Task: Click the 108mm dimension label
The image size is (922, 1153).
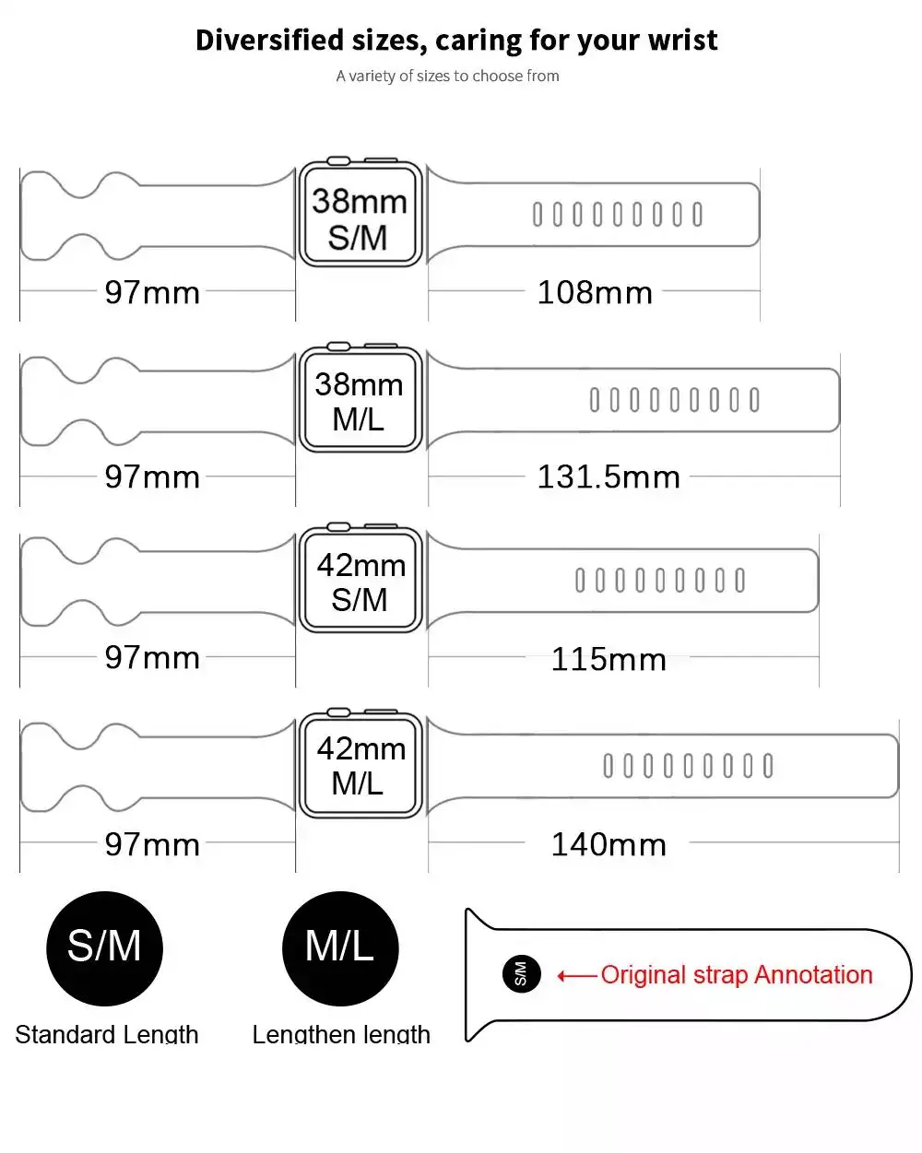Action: click(595, 292)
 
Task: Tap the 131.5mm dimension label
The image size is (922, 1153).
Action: click(609, 476)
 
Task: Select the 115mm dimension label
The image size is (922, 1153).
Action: click(609, 659)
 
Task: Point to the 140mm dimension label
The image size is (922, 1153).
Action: click(609, 843)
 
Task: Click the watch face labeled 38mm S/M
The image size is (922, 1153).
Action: click(360, 218)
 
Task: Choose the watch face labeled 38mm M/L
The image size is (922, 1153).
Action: click(360, 401)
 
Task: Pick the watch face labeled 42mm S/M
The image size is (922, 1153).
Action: click(361, 582)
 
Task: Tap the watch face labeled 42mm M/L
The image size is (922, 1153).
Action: click(361, 765)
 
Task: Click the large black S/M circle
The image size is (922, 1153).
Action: click(104, 947)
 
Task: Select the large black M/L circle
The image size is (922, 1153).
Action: click(339, 947)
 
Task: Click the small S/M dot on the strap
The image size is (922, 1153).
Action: click(521, 974)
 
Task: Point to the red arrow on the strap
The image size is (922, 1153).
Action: click(576, 976)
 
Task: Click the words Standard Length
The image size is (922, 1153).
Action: click(107, 1034)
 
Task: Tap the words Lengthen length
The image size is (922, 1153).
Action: click(341, 1034)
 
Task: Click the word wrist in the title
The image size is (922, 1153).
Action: click(683, 41)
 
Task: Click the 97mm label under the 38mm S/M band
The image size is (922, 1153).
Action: click(152, 292)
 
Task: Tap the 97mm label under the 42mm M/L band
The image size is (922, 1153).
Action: click(152, 843)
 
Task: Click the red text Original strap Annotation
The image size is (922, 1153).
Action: click(736, 974)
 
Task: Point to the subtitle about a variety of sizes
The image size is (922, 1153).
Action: click(447, 76)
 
